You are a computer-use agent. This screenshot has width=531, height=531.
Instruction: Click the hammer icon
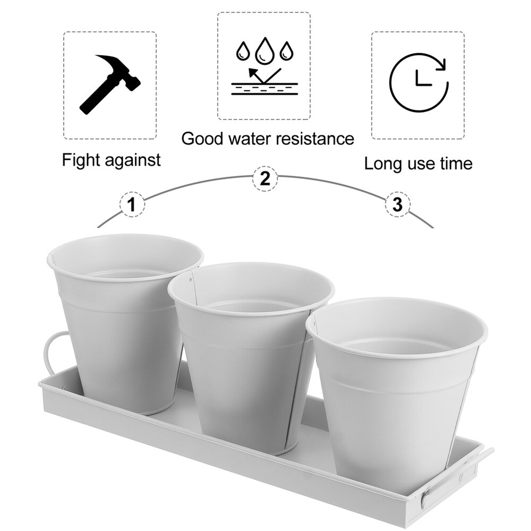point(110,84)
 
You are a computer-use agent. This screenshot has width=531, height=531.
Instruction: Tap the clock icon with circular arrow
point(418,82)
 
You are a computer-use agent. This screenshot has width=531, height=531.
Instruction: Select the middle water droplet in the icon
point(264,50)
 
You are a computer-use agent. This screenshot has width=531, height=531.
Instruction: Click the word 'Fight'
point(81,160)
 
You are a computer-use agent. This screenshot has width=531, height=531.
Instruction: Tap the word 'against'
point(132,160)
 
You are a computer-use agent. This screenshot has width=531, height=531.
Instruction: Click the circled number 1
point(132,204)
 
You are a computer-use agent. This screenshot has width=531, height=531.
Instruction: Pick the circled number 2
point(265,178)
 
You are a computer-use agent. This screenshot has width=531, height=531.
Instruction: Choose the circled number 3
point(398,204)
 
